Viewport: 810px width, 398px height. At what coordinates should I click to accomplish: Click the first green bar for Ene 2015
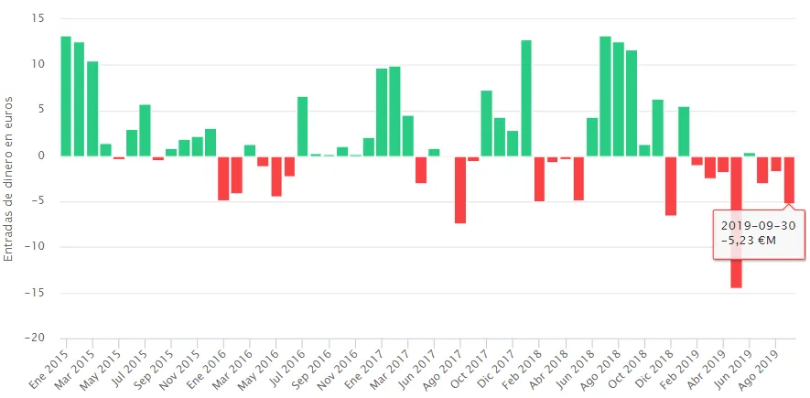[66, 96]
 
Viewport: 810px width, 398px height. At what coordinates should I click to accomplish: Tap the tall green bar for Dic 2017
[526, 98]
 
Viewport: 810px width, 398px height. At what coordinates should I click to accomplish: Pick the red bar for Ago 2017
[460, 189]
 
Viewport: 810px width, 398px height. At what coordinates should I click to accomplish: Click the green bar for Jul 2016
[303, 126]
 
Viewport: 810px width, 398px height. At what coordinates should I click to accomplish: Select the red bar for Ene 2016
[223, 177]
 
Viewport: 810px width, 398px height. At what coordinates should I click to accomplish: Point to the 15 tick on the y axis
[38, 18]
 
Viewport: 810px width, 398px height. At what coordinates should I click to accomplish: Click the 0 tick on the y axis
[41, 156]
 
